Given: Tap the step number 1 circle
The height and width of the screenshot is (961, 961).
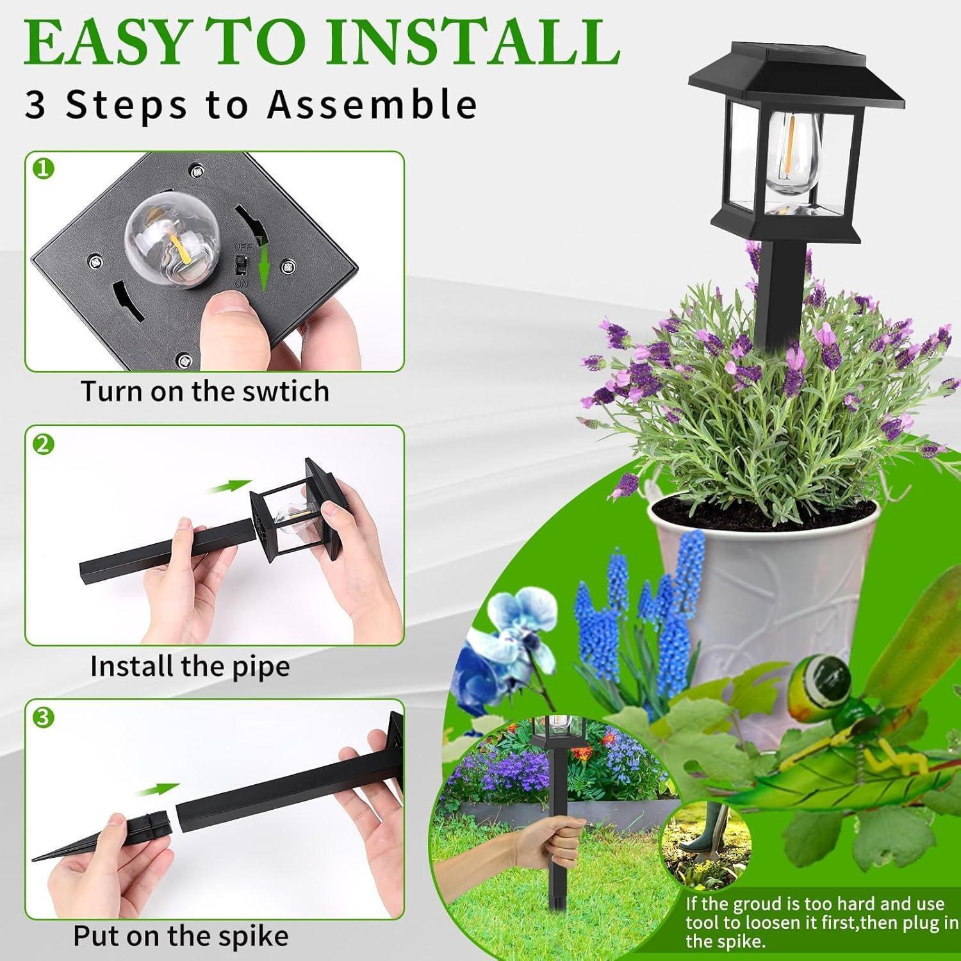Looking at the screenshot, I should (43, 169).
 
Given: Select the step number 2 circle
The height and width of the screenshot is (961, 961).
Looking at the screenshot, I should (43, 444).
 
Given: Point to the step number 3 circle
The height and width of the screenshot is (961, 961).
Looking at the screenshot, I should (43, 718).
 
